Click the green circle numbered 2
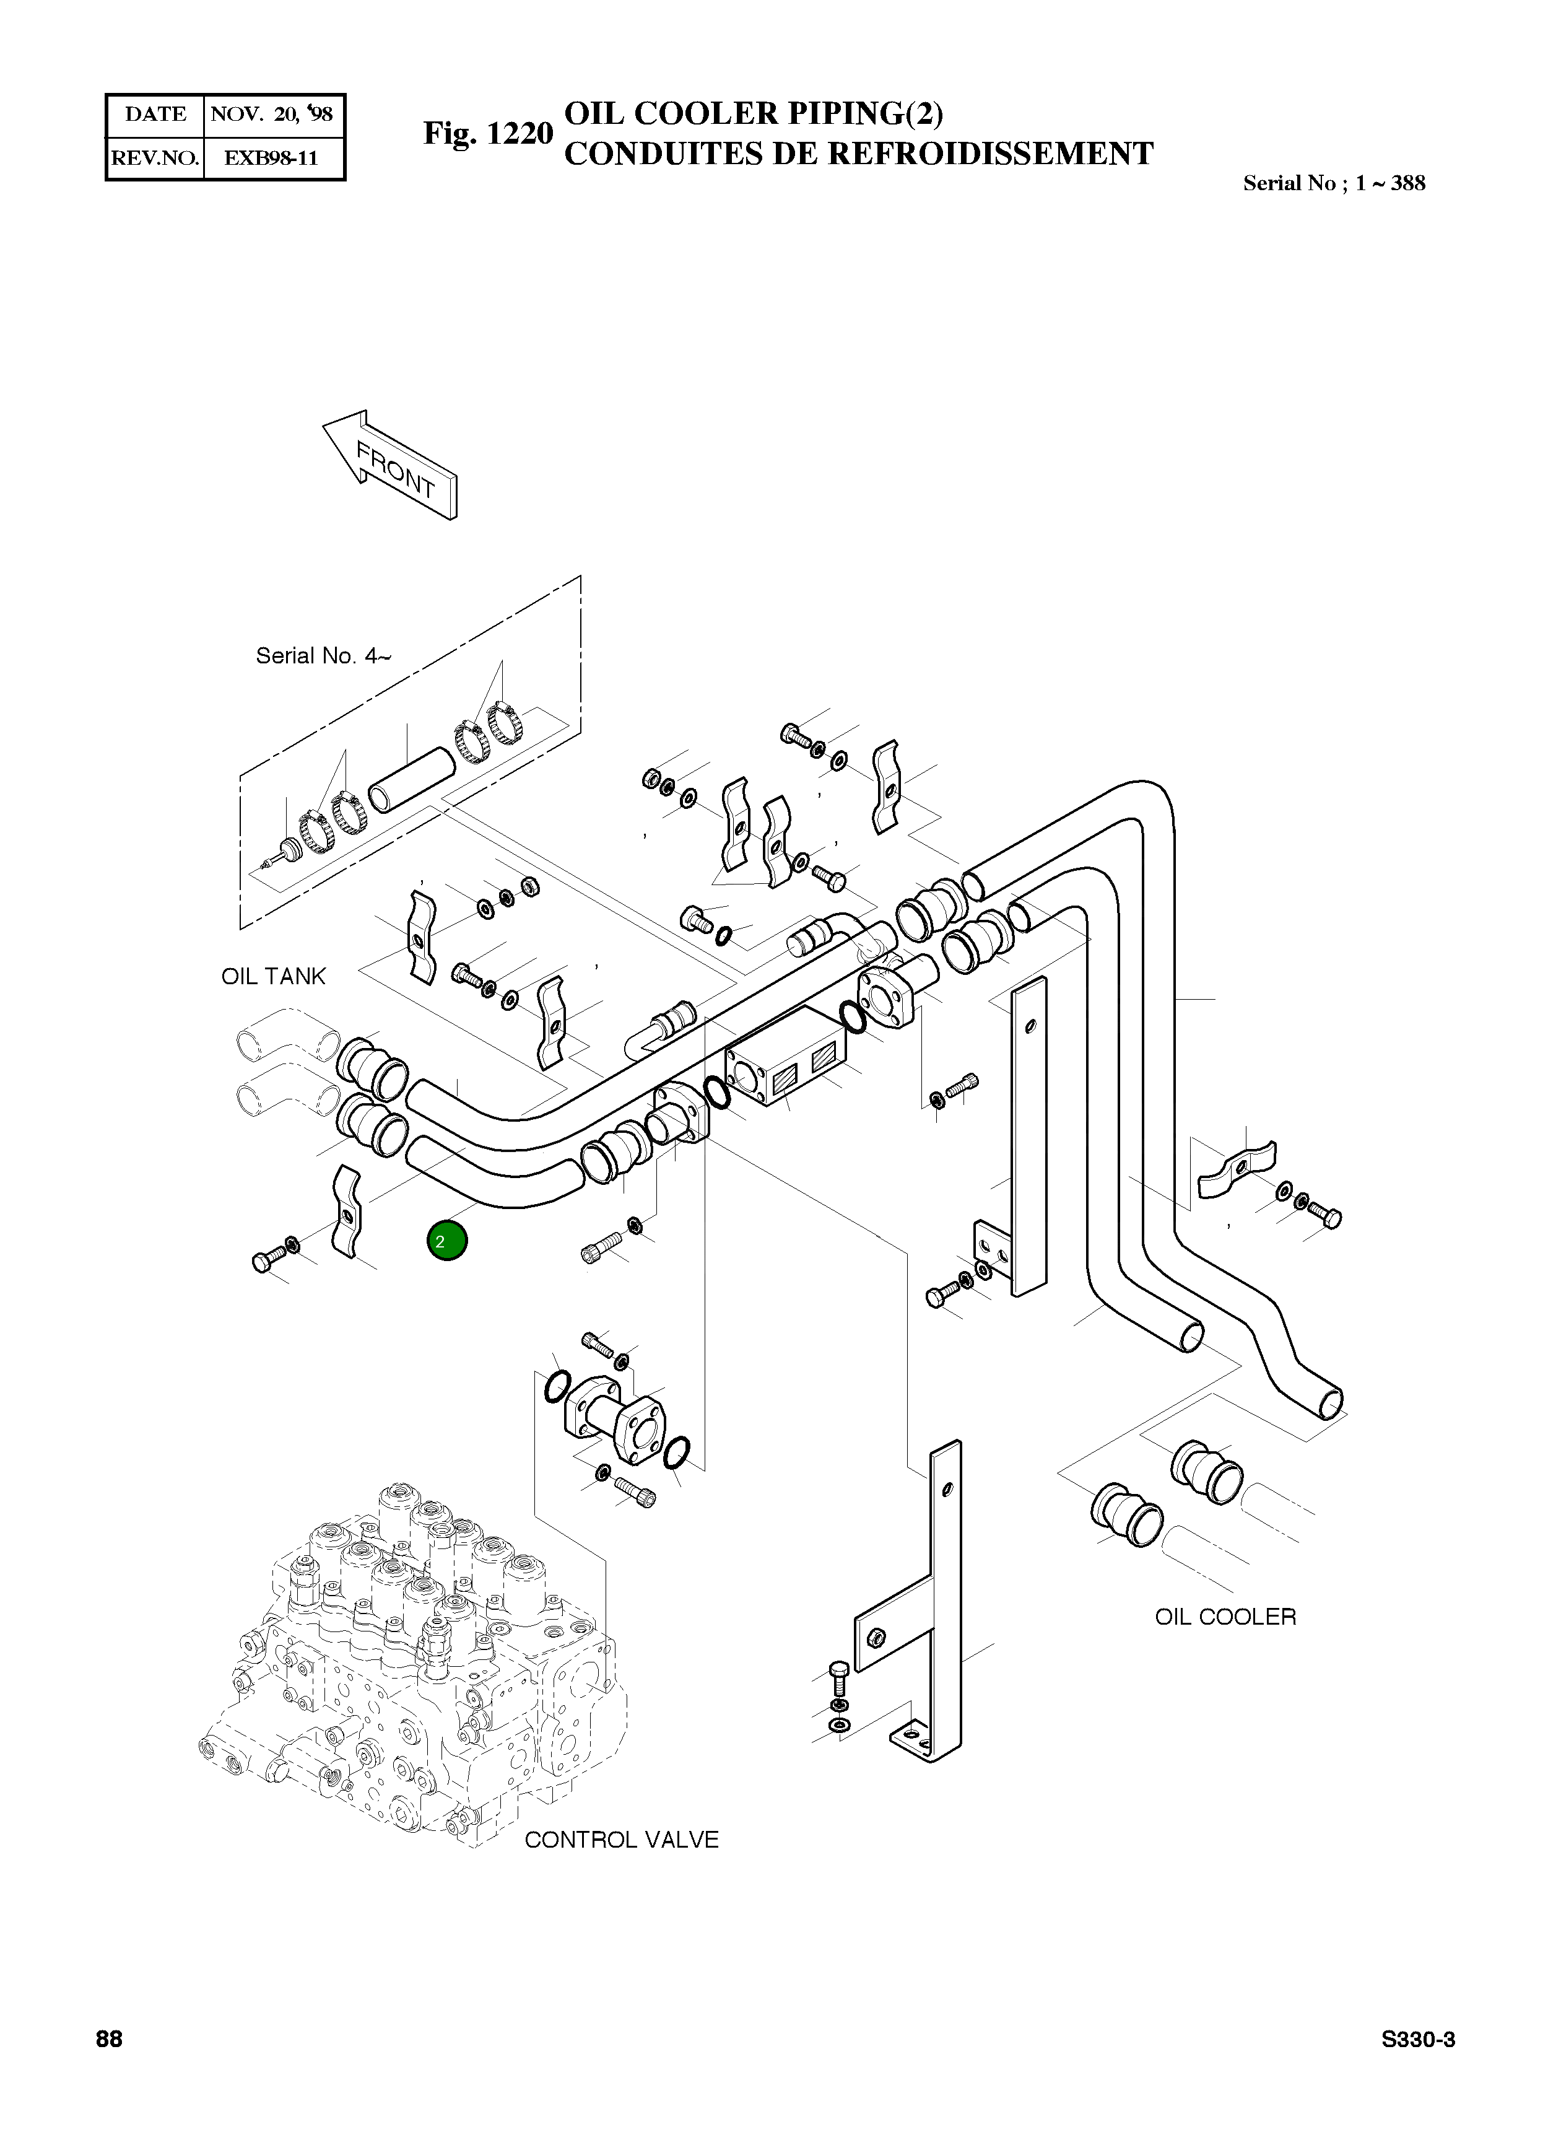(x=447, y=1241)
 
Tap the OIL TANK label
(x=274, y=977)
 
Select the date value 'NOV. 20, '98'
(x=272, y=114)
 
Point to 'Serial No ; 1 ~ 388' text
(x=1334, y=183)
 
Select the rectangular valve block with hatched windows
(x=786, y=1057)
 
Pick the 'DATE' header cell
(x=155, y=114)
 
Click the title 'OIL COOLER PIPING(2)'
(x=753, y=113)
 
